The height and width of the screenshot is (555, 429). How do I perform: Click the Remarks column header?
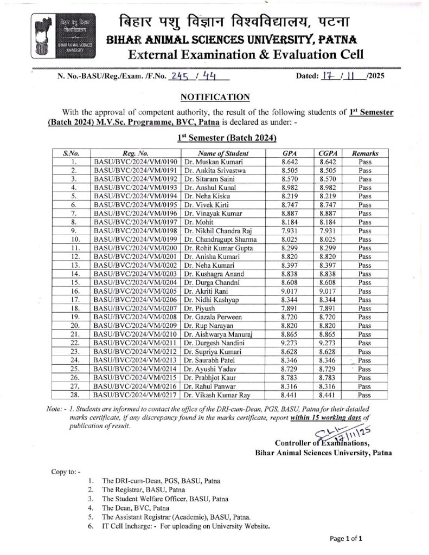[365, 153]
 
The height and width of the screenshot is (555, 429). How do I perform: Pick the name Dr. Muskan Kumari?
[213, 162]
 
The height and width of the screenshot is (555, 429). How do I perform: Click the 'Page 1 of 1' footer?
[345, 538]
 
